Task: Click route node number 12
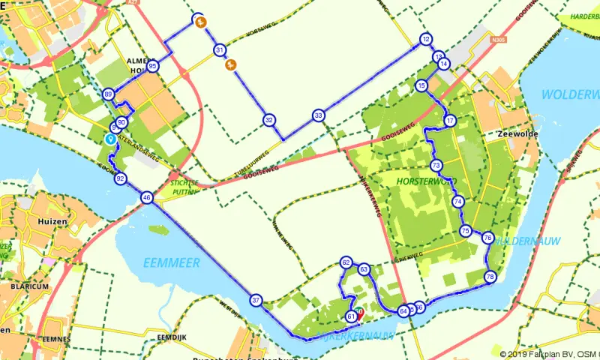(x=426, y=40)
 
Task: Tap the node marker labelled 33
(x=319, y=115)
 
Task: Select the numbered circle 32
(x=269, y=120)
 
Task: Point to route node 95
(x=153, y=66)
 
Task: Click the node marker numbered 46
(x=146, y=198)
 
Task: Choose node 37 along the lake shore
(x=256, y=300)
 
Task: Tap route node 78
(x=490, y=277)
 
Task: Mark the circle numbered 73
(x=436, y=165)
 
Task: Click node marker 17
(x=451, y=121)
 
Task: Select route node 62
(x=346, y=262)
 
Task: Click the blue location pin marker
(x=110, y=139)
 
